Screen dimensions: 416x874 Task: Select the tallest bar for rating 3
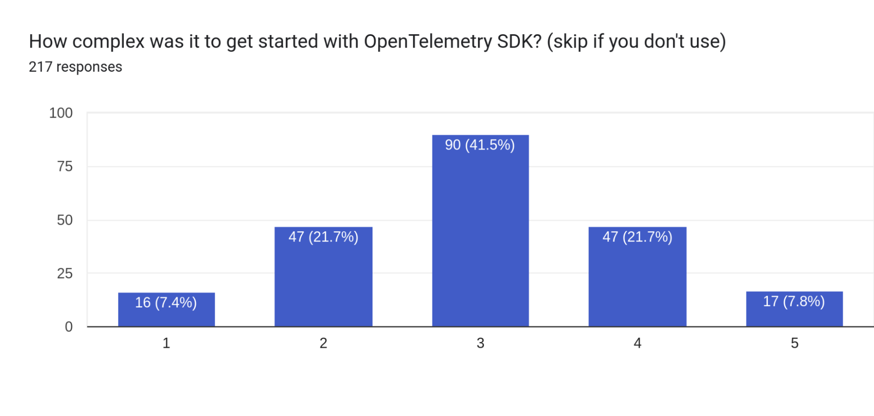pos(480,236)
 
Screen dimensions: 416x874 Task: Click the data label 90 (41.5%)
pos(480,145)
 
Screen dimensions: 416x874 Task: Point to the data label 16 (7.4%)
pos(166,302)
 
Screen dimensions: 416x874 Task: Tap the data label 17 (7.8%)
pos(794,301)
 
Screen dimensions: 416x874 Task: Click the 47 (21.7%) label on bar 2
pos(323,237)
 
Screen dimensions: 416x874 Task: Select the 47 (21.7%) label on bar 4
pos(637,237)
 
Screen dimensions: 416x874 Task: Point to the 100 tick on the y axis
pos(61,113)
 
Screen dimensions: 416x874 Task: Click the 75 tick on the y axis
pos(65,166)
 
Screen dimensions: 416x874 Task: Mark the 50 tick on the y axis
pos(65,220)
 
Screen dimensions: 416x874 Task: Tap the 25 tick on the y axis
pos(65,273)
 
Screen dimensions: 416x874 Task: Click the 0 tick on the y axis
pos(69,327)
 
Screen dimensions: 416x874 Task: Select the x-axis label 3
pos(480,343)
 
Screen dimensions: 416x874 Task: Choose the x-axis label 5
pos(794,343)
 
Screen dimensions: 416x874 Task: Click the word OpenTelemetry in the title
pos(428,42)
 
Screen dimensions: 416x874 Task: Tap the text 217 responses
pos(75,67)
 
